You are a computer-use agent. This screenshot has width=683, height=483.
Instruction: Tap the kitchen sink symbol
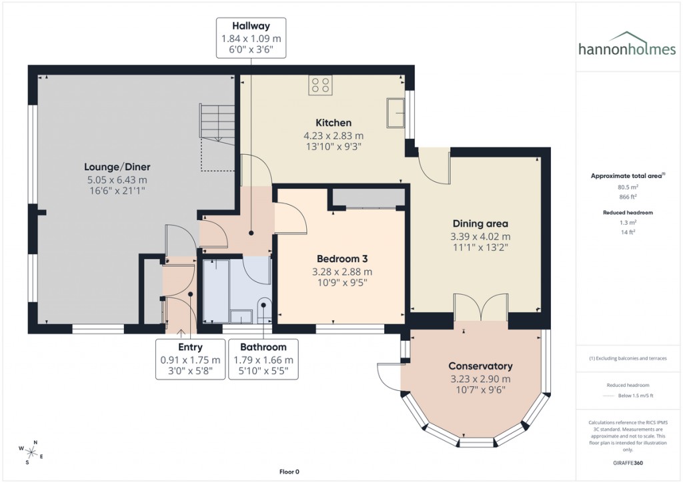pyautogui.click(x=395, y=113)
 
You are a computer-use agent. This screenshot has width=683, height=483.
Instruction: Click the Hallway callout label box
pyautogui.click(x=251, y=38)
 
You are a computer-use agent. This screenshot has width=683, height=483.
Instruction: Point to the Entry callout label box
pyautogui.click(x=190, y=360)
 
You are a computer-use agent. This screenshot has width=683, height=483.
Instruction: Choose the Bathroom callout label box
pyautogui.click(x=263, y=360)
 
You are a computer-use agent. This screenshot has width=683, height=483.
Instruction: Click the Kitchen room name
pyautogui.click(x=333, y=123)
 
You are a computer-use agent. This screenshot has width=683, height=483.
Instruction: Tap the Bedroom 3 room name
pyautogui.click(x=342, y=259)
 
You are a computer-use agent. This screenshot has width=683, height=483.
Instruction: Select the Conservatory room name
pyautogui.click(x=480, y=366)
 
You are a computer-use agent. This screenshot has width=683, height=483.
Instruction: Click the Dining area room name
pyautogui.click(x=480, y=223)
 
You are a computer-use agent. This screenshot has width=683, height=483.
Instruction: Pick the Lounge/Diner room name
pyautogui.click(x=115, y=167)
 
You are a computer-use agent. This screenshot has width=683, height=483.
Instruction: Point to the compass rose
pyautogui.click(x=31, y=452)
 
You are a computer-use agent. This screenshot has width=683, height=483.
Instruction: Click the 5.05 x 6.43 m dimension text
pyautogui.click(x=115, y=179)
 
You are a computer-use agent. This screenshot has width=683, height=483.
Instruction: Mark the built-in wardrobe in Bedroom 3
pyautogui.click(x=369, y=198)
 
